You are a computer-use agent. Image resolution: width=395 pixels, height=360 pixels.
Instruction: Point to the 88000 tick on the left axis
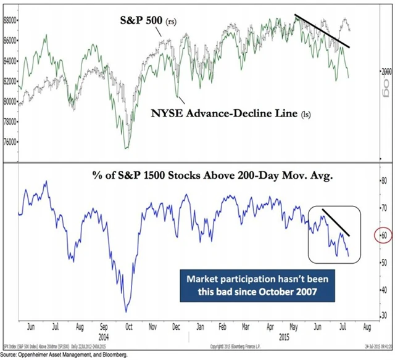point(9,20)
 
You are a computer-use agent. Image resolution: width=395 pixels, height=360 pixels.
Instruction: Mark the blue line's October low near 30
point(126,311)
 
